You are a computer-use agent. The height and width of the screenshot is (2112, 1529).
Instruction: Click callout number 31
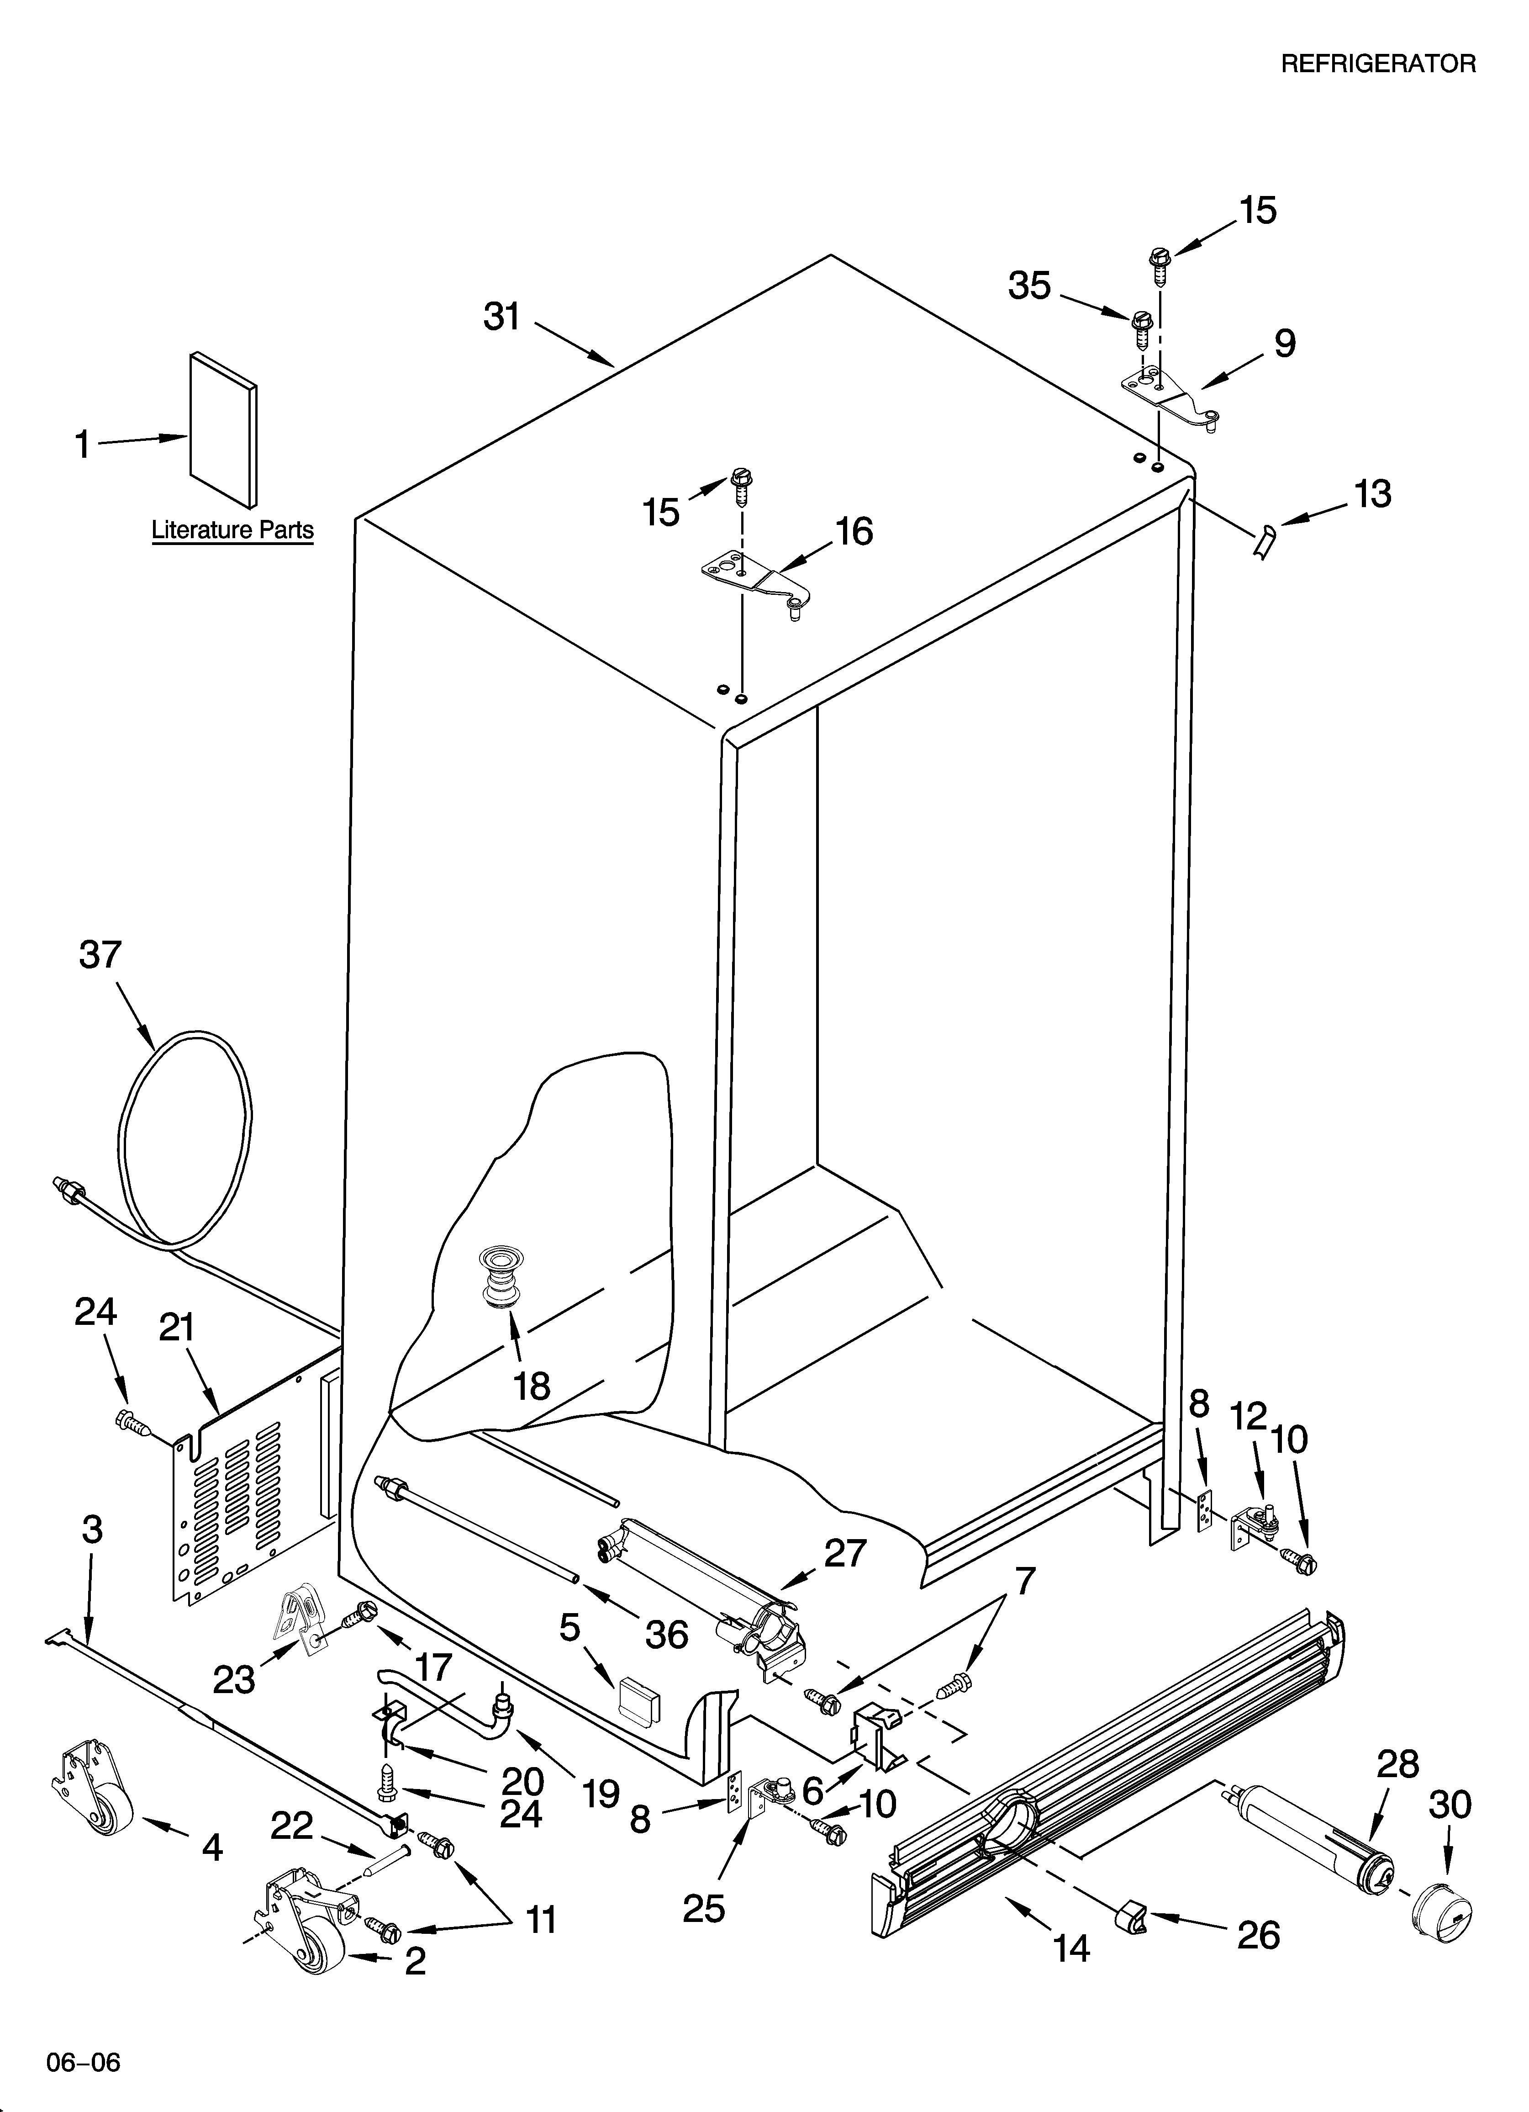[x=502, y=318]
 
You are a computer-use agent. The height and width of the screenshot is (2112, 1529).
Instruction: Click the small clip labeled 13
[x=1264, y=541]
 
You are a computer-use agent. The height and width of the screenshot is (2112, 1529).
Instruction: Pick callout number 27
[x=844, y=1553]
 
